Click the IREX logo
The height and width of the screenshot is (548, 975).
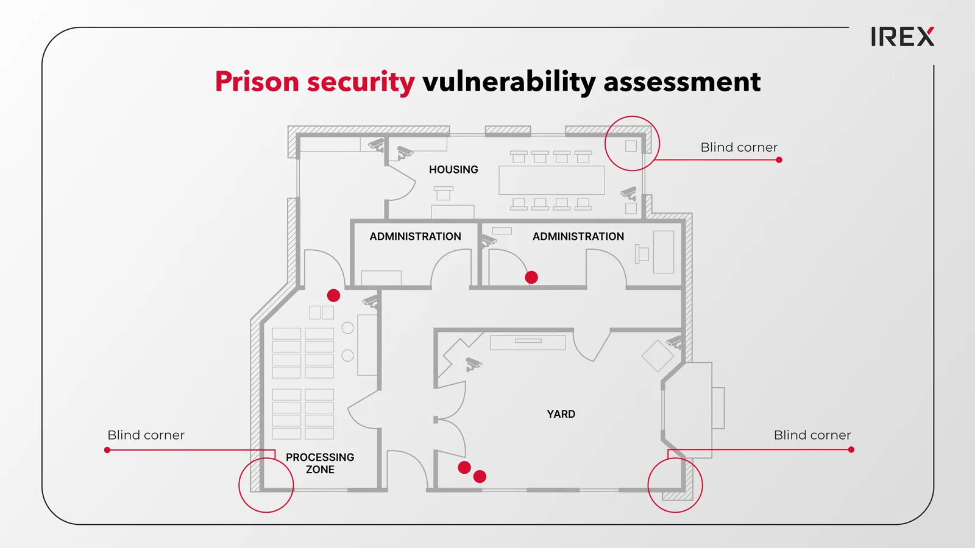[902, 37]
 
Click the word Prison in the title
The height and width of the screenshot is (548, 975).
[257, 82]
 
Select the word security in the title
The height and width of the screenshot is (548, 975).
[361, 83]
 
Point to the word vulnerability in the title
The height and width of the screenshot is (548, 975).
[509, 83]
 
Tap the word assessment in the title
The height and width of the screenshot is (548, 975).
[682, 83]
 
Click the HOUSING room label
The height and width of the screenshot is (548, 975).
[453, 170]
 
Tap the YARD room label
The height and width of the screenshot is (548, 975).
[561, 414]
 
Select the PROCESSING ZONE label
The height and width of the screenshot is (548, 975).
[320, 463]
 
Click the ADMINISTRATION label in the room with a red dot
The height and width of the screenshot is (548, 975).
[578, 237]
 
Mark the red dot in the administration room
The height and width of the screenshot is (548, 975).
[531, 277]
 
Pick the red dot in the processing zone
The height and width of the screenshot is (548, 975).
[333, 296]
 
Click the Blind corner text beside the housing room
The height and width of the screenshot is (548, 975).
[739, 147]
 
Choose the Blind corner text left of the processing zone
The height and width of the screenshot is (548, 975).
[146, 435]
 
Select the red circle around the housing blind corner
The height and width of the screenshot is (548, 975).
[605, 144]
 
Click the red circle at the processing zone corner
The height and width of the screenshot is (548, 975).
[239, 485]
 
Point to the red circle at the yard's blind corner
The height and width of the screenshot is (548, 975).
[648, 485]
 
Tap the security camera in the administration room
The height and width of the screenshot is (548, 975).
[488, 241]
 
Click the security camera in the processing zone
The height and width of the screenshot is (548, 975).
[370, 301]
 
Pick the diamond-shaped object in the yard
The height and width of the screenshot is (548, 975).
[658, 356]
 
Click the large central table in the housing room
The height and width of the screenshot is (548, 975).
[551, 180]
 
